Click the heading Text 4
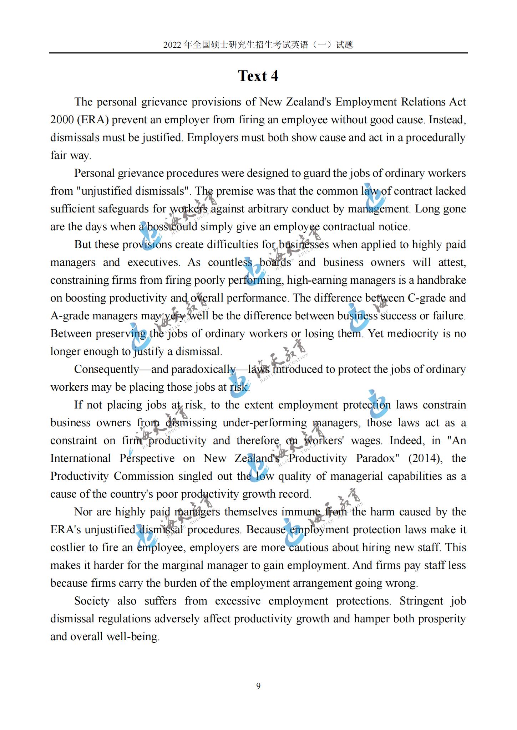[258, 76]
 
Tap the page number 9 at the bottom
[258, 686]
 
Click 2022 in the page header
[173, 45]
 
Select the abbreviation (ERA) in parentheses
[92, 120]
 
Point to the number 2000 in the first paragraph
[62, 120]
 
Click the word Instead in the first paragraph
[447, 120]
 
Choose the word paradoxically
[203, 369]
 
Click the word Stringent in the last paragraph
[421, 601]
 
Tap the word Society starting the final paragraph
[92, 601]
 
